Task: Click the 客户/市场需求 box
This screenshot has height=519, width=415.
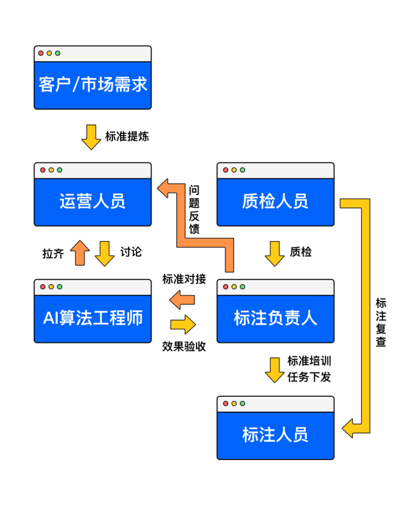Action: pyautogui.click(x=92, y=85)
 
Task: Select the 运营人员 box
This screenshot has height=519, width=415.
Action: pyautogui.click(x=92, y=201)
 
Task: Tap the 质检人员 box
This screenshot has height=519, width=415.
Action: pyautogui.click(x=275, y=201)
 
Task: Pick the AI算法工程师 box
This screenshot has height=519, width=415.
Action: pyautogui.click(x=92, y=318)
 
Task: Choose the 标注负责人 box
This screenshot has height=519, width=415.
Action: pyautogui.click(x=275, y=318)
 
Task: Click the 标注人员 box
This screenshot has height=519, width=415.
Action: pyautogui.click(x=275, y=435)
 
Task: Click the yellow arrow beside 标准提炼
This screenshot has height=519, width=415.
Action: pyautogui.click(x=91, y=137)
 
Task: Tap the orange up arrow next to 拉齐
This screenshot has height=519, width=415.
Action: pyautogui.click(x=80, y=253)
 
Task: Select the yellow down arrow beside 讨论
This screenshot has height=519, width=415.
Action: pyautogui.click(x=104, y=253)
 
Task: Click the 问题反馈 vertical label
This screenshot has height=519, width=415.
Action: pyautogui.click(x=194, y=209)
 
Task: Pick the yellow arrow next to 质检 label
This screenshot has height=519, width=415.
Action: pyautogui.click(x=274, y=253)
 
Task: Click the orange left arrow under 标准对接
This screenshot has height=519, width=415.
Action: pyautogui.click(x=183, y=299)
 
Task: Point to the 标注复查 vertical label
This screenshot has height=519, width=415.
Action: pyautogui.click(x=380, y=322)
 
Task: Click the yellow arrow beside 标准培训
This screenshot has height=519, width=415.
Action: pyautogui.click(x=274, y=369)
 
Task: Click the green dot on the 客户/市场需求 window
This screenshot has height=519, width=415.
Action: pyautogui.click(x=58, y=54)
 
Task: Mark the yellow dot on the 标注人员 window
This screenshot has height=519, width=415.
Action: pyautogui.click(x=233, y=404)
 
